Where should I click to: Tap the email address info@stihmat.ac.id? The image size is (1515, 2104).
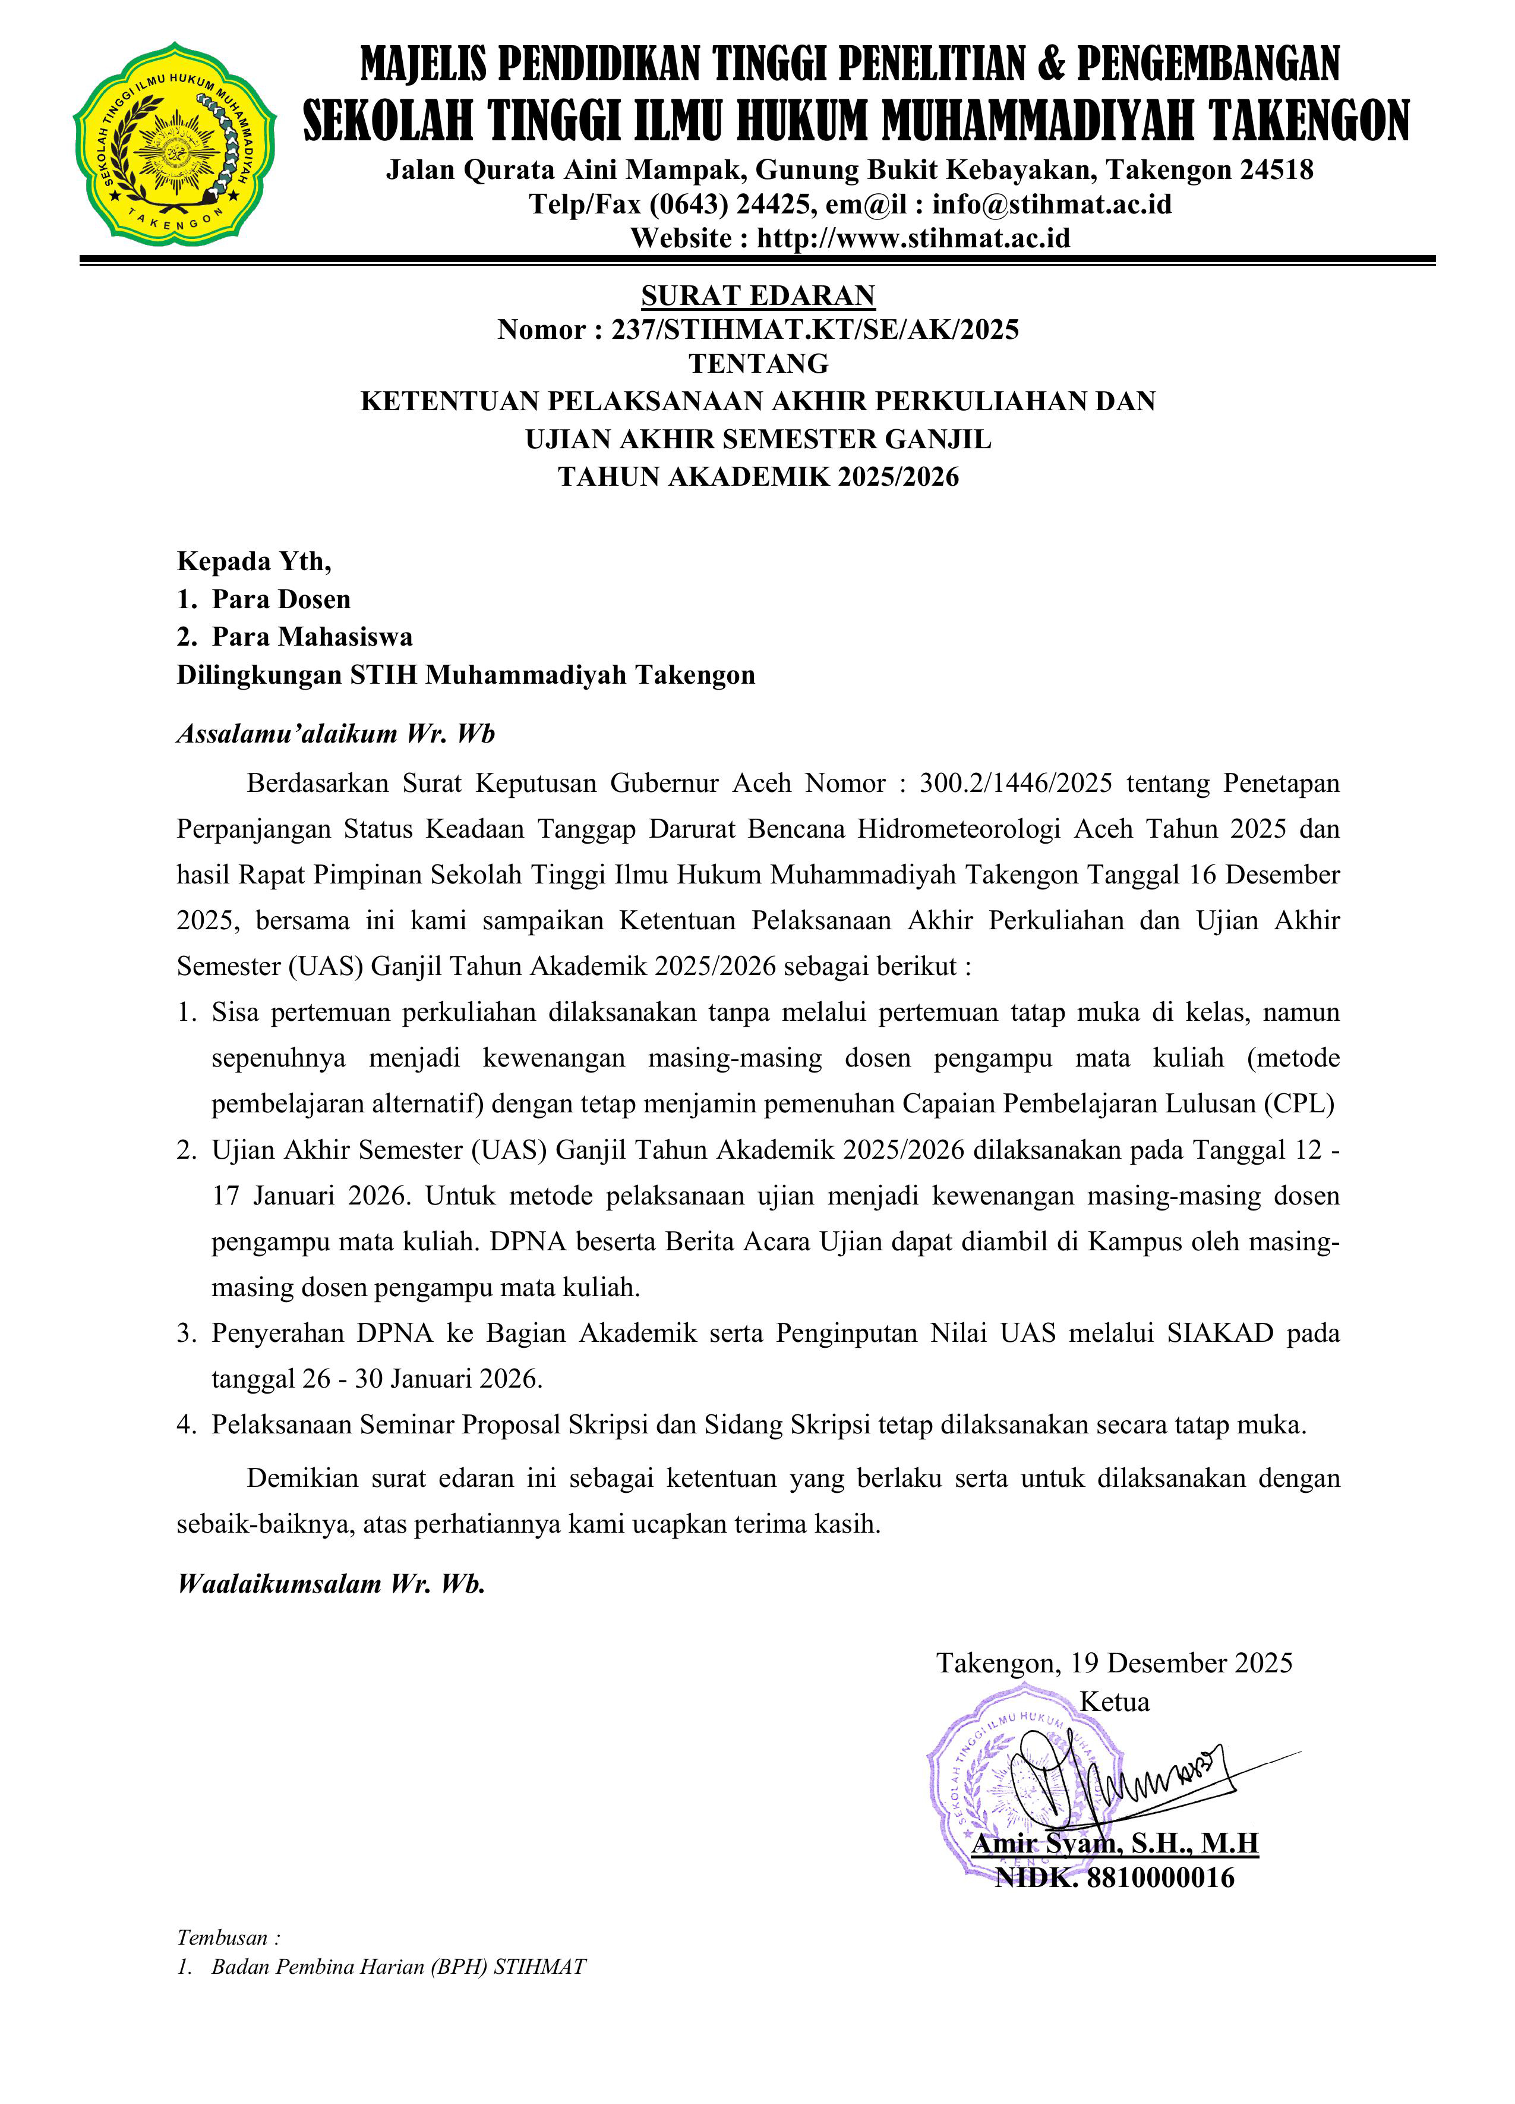[1052, 203]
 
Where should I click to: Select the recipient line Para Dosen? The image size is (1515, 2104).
[281, 599]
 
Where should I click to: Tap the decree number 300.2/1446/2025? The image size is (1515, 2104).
[1015, 784]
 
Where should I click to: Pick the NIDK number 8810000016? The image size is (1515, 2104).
[1160, 1879]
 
